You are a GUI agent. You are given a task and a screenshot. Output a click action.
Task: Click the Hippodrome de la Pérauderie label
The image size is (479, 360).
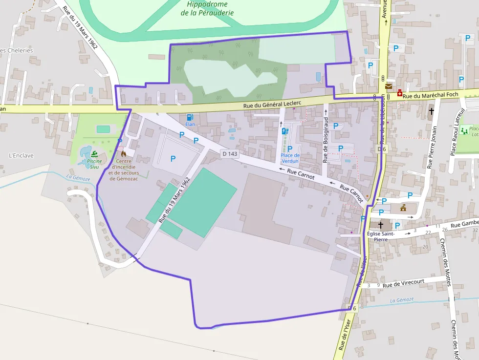[207, 9]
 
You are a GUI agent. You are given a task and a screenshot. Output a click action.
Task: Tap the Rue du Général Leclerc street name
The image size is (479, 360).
[272, 103]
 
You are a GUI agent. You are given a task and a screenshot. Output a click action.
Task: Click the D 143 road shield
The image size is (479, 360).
[230, 153]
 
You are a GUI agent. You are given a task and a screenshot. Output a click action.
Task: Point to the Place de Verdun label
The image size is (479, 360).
[290, 158]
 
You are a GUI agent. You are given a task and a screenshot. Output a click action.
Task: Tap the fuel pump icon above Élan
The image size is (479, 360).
[190, 117]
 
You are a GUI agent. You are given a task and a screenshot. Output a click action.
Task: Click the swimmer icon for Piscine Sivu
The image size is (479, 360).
[94, 154]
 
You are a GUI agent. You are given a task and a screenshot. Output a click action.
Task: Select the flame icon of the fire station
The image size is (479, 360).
[123, 153]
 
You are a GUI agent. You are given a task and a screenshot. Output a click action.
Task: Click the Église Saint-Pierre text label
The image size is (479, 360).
[381, 236]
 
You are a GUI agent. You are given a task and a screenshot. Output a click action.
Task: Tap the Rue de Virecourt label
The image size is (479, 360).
[403, 283]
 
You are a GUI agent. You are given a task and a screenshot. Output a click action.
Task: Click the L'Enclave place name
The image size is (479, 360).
[21, 156]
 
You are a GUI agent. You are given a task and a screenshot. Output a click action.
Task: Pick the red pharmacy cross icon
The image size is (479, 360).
[400, 93]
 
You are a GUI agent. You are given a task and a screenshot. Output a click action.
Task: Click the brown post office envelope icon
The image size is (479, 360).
[389, 86]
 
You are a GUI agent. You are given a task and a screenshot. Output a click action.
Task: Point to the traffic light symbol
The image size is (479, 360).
[382, 78]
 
